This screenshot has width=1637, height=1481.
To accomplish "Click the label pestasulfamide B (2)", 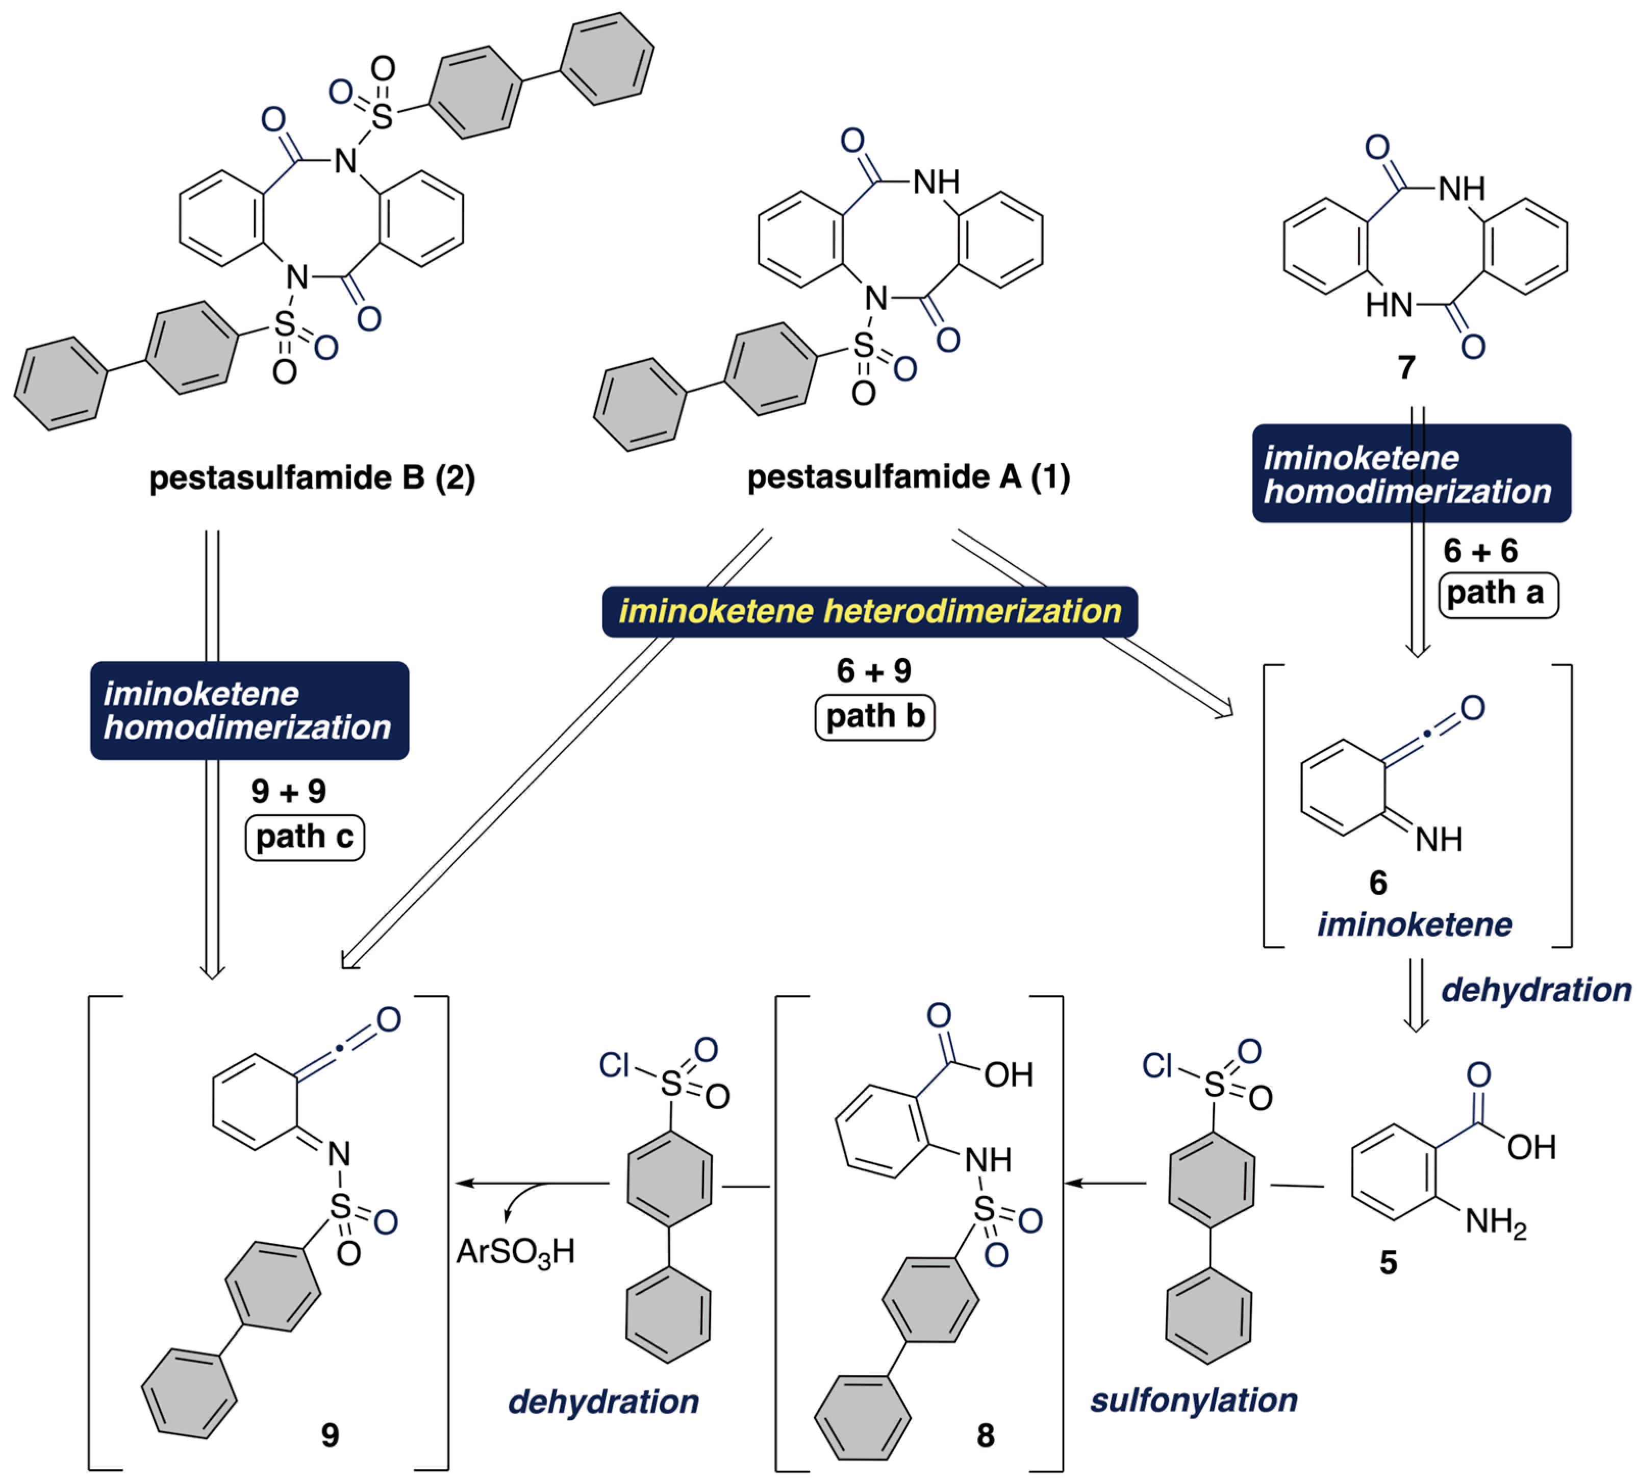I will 312,478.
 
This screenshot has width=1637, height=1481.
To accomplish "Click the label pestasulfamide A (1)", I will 909,476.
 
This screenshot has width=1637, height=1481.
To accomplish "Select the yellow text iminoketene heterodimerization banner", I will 870,611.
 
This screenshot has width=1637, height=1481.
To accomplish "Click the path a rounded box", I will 1497,593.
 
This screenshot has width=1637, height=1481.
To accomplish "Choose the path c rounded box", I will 305,836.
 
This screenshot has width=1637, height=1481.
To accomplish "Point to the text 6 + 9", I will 874,671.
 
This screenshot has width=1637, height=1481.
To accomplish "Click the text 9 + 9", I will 288,791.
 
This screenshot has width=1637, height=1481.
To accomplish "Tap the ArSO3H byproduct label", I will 516,1251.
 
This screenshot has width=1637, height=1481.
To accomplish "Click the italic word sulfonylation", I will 1194,1400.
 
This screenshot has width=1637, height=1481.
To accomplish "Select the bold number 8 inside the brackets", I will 985,1435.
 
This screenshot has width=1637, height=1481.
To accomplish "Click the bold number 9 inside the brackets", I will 330,1434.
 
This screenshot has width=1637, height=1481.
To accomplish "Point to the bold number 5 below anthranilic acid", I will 1389,1262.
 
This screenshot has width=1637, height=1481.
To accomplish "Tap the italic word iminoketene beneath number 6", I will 1415,924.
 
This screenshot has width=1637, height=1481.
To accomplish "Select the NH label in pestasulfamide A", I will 936,182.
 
